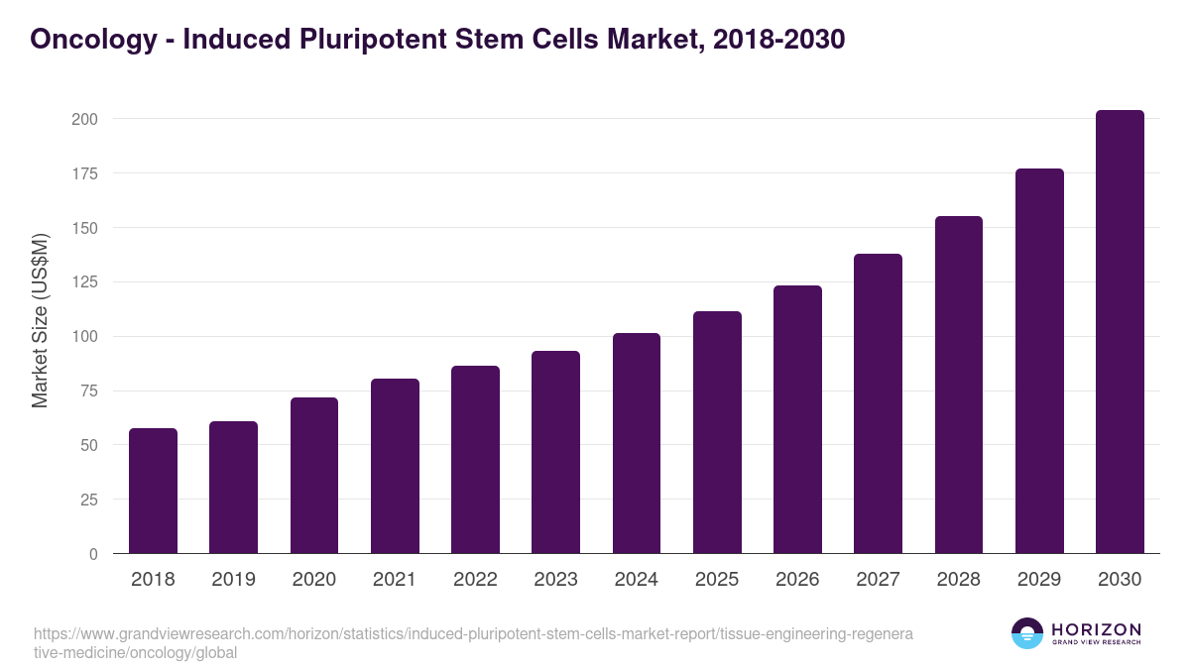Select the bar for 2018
point(153,491)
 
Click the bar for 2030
point(1120,332)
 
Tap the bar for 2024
point(637,443)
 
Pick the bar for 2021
point(395,466)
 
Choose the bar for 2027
point(878,403)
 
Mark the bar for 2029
point(1039,361)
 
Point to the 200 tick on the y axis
point(85,119)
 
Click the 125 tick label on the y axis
point(85,282)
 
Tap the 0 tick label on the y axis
point(93,554)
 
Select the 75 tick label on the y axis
point(89,391)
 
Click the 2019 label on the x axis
point(233,580)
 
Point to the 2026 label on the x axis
point(797,580)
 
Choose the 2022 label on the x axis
point(475,580)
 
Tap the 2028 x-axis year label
point(959,580)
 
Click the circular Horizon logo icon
point(1027,633)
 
